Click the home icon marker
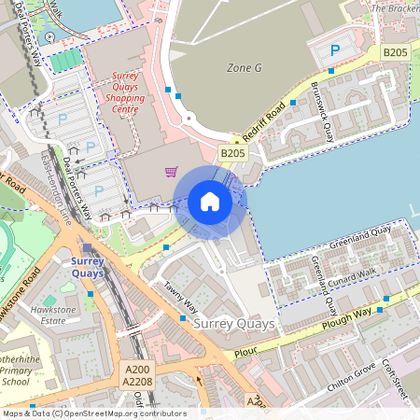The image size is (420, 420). point(210,202)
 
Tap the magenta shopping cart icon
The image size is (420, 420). point(171,171)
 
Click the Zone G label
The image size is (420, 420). point(245,68)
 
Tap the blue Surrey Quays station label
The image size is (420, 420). point(88,268)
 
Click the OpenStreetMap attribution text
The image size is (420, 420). point(93,413)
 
